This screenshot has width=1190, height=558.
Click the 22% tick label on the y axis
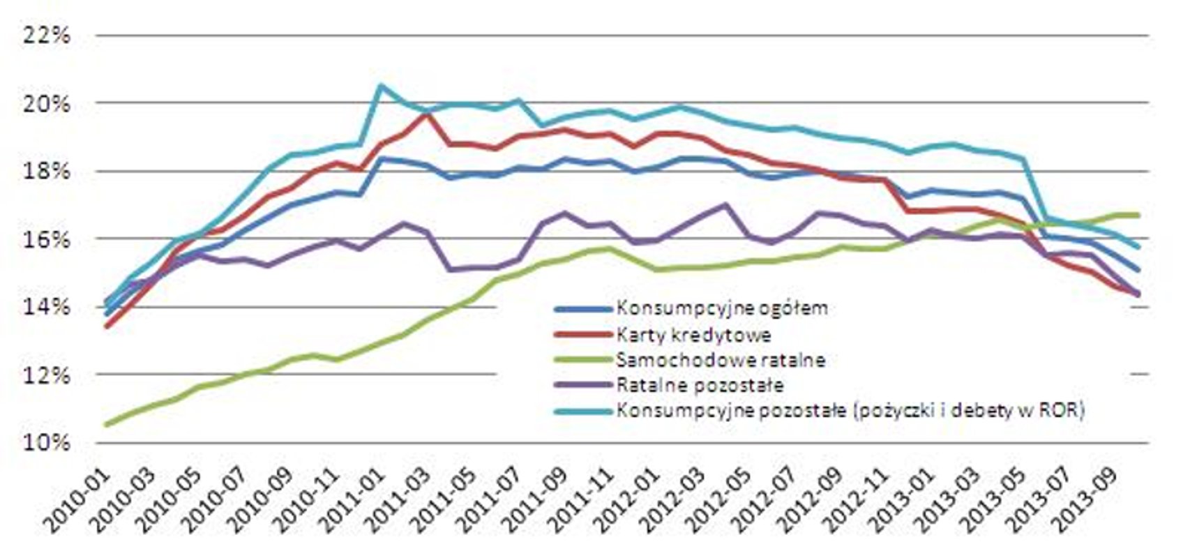click(x=47, y=36)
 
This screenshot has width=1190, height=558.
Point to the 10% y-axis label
click(x=47, y=443)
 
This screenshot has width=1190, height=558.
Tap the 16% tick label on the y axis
click(x=47, y=239)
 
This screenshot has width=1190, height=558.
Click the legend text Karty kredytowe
click(x=693, y=335)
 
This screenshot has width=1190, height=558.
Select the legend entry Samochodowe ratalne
click(x=721, y=360)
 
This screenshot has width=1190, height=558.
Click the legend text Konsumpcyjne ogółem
click(x=722, y=308)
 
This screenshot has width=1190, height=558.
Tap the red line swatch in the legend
click(x=583, y=335)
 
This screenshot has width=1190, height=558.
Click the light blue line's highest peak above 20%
click(x=379, y=86)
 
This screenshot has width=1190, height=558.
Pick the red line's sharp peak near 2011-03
click(x=425, y=114)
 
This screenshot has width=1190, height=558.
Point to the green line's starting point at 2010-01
click(x=106, y=424)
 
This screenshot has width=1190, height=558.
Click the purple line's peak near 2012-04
click(x=725, y=205)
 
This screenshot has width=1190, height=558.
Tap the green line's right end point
click(x=1138, y=215)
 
